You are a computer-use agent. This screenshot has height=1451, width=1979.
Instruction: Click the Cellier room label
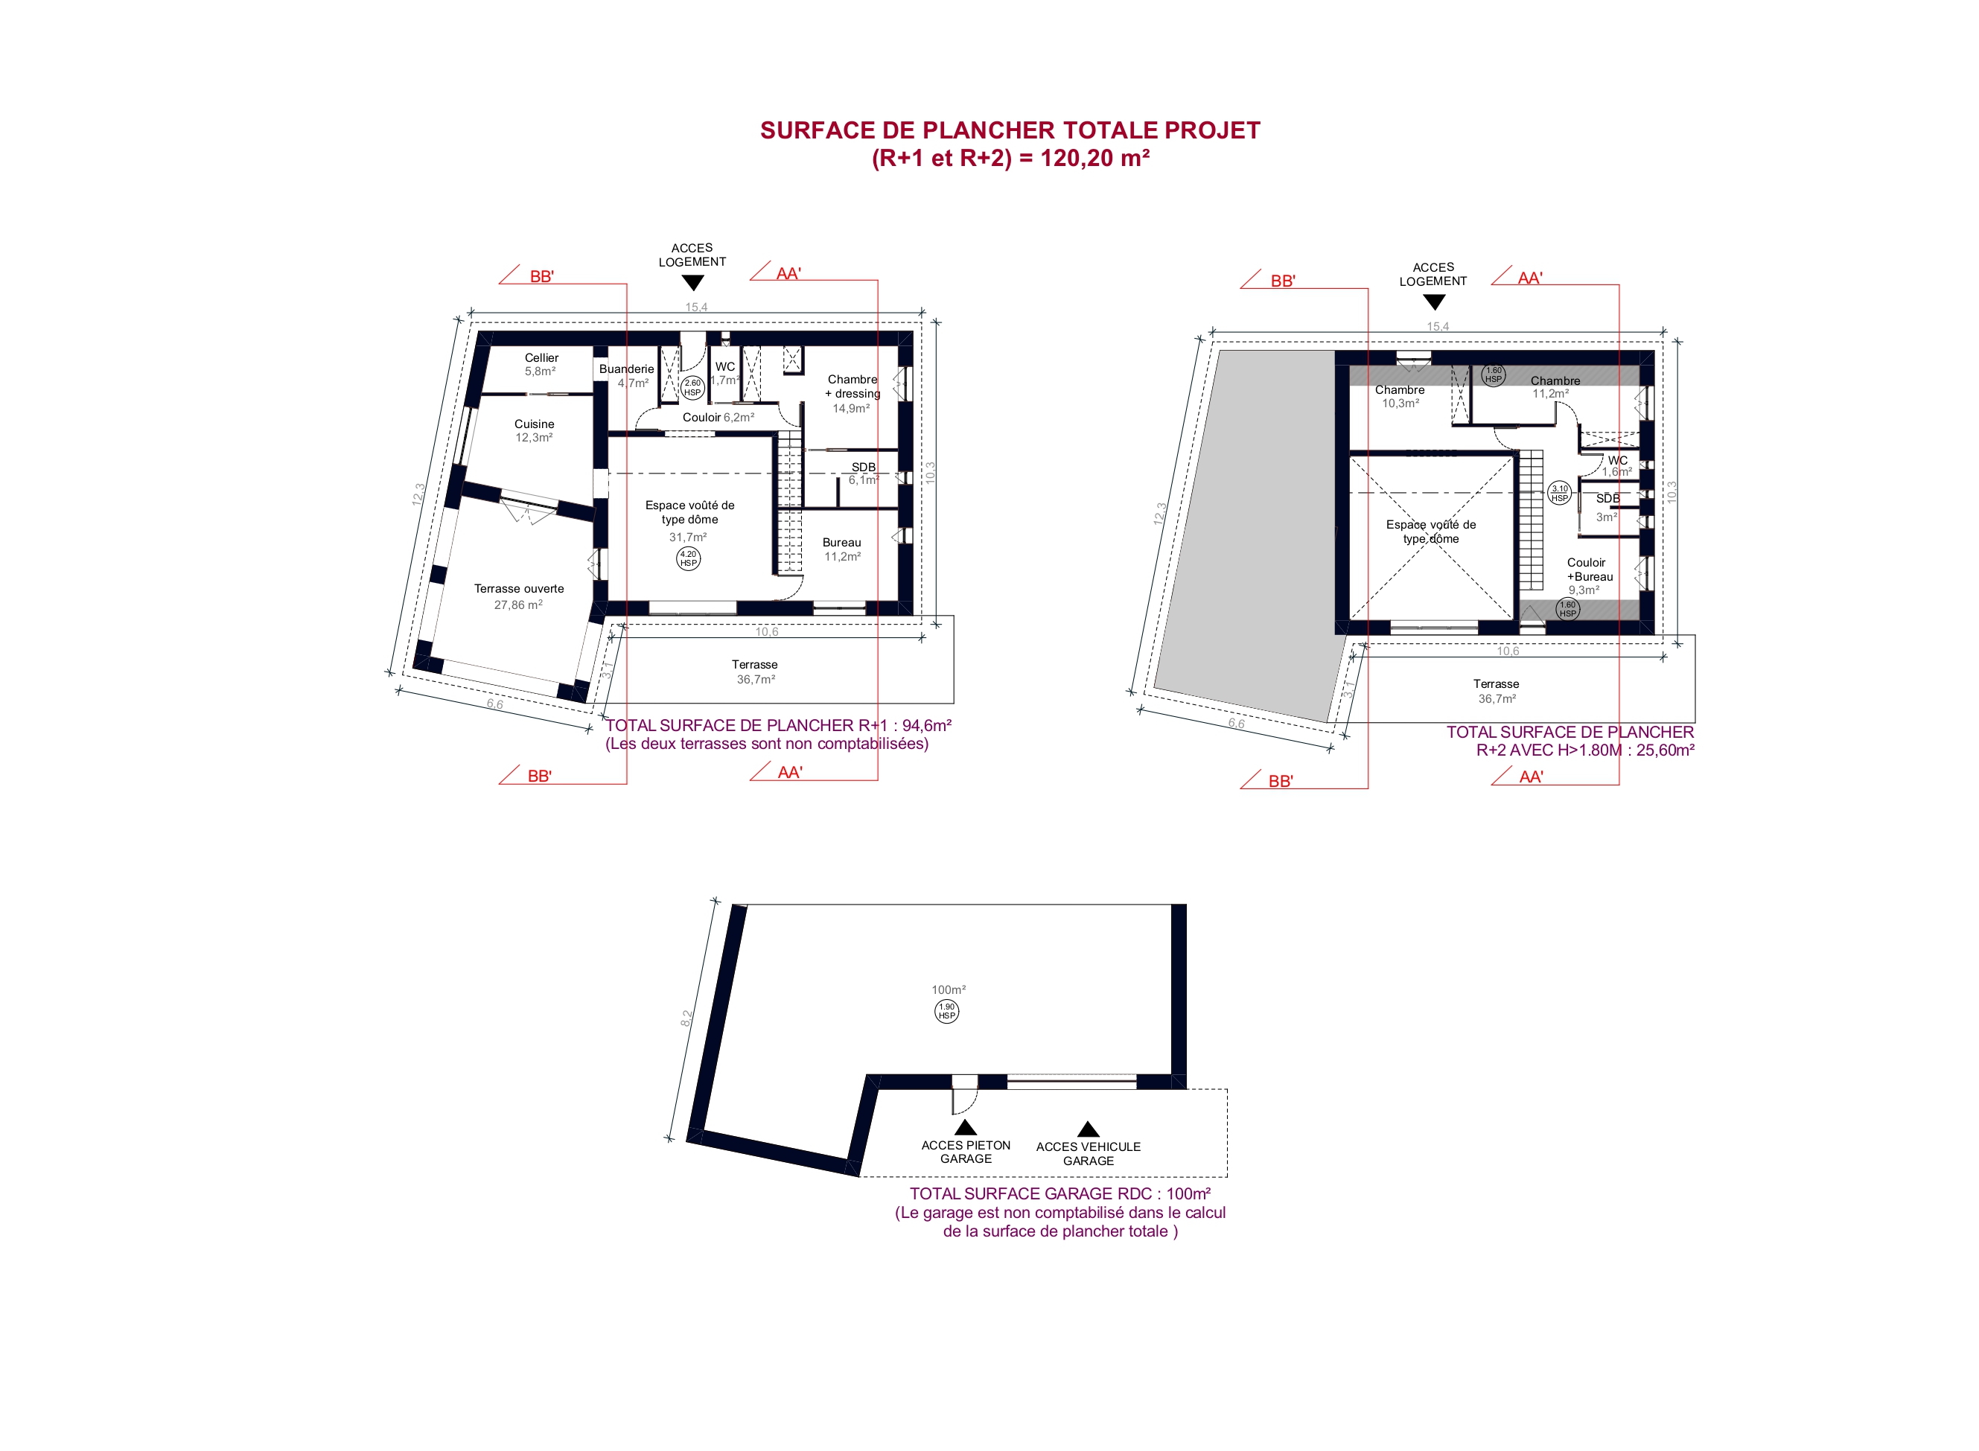coord(541,357)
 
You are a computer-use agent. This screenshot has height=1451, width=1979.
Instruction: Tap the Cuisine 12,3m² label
coord(534,430)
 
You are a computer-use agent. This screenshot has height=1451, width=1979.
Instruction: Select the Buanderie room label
coord(626,369)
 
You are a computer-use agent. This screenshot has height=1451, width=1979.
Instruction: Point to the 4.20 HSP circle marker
coord(688,558)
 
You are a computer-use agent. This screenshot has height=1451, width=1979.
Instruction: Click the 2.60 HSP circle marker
coord(692,387)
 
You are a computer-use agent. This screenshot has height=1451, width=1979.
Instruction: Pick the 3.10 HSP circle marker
coord(1559,494)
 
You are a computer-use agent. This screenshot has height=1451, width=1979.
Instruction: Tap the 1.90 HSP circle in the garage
coord(946,1011)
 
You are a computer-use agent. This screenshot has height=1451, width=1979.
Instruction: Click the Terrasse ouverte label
coord(519,588)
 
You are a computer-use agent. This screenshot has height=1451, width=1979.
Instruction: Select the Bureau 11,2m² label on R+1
coord(841,549)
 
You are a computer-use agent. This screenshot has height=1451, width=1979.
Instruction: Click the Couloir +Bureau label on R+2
coord(1590,569)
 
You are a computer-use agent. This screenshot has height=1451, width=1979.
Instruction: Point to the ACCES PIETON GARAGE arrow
coord(966,1127)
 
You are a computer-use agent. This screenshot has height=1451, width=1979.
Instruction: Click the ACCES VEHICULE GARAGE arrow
coord(1089,1129)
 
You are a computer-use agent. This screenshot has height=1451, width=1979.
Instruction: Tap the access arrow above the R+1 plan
coord(692,283)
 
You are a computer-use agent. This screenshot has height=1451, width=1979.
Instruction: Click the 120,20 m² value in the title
coord(1095,158)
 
